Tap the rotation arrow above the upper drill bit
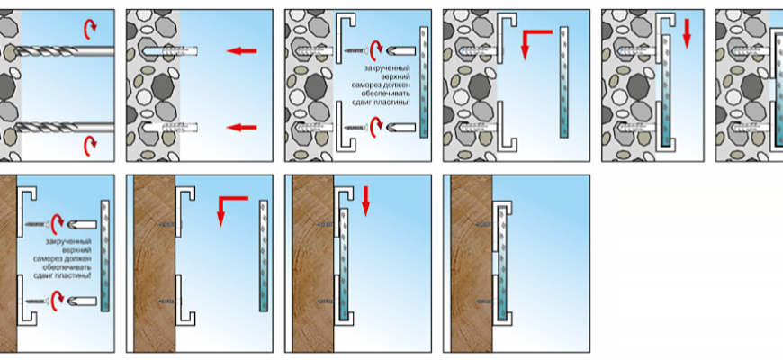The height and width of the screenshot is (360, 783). (x=91, y=27)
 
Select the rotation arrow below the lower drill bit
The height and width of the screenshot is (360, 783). (x=91, y=145)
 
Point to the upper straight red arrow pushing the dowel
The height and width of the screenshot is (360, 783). (x=241, y=50)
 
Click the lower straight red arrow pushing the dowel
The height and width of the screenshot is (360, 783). (x=241, y=127)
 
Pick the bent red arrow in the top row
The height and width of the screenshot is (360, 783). (x=536, y=39)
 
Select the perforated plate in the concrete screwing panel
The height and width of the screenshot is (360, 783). (x=424, y=81)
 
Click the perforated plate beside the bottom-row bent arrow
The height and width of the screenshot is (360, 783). (x=264, y=254)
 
